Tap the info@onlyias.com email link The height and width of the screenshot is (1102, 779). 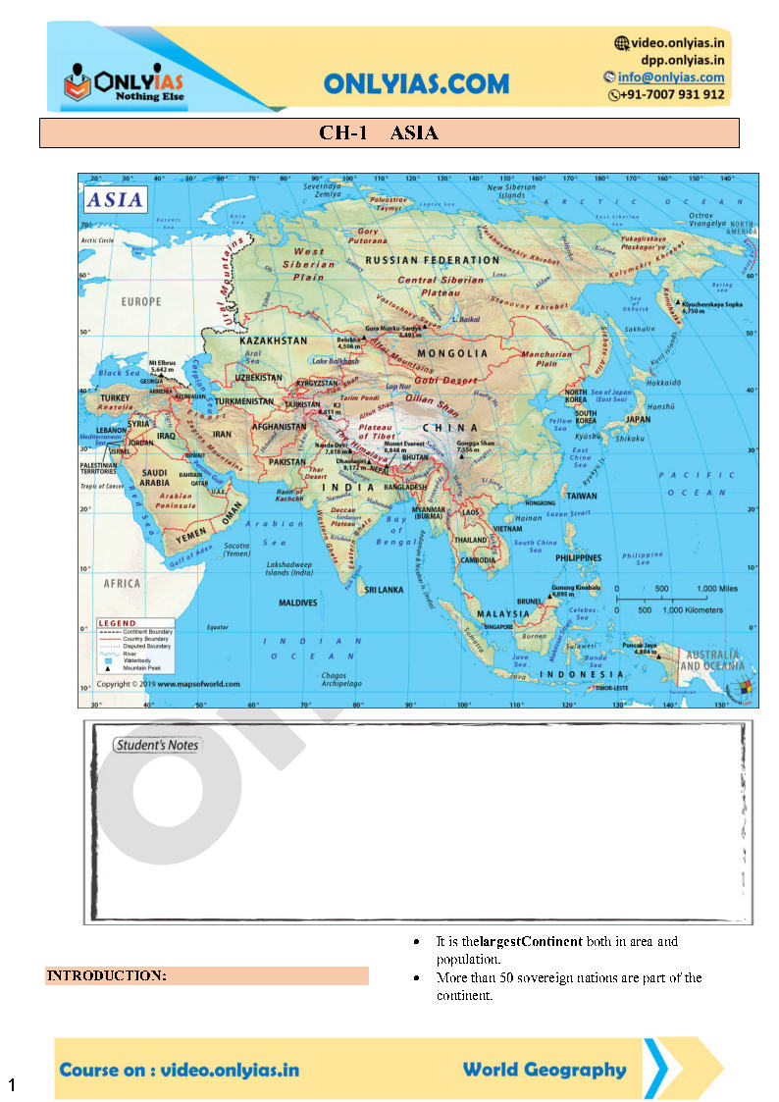point(671,78)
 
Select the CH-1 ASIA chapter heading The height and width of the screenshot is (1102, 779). point(379,133)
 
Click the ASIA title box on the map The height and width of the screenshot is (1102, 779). point(116,200)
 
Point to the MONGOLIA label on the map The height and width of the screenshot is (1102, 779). point(452,353)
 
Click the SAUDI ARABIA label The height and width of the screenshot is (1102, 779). point(154,477)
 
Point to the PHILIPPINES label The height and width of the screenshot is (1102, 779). point(578,557)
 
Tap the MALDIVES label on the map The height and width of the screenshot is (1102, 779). point(298,603)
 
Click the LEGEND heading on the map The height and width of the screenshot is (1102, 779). point(118,623)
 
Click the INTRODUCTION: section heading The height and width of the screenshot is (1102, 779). point(107,975)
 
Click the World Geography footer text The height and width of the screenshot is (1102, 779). point(544,1070)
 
